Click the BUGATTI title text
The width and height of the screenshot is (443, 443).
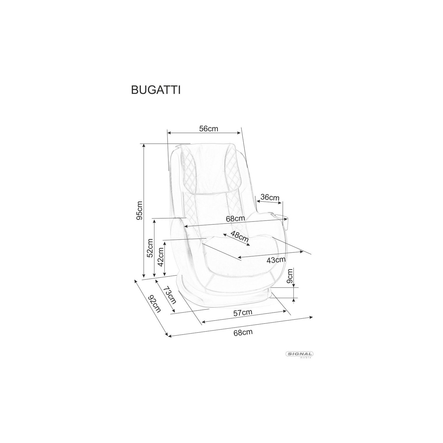[x=156, y=90]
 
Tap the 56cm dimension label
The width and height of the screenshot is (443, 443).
[x=209, y=129]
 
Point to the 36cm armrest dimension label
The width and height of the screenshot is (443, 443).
[x=270, y=197]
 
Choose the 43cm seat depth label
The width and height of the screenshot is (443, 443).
[x=276, y=260]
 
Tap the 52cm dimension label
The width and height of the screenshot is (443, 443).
[x=150, y=248]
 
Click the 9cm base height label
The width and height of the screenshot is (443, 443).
[x=290, y=276]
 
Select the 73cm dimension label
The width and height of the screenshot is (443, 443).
[x=170, y=295]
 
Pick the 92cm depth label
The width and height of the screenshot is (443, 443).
[x=154, y=304]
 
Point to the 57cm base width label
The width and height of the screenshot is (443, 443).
[x=243, y=313]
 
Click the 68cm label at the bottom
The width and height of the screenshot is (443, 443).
[x=243, y=332]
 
